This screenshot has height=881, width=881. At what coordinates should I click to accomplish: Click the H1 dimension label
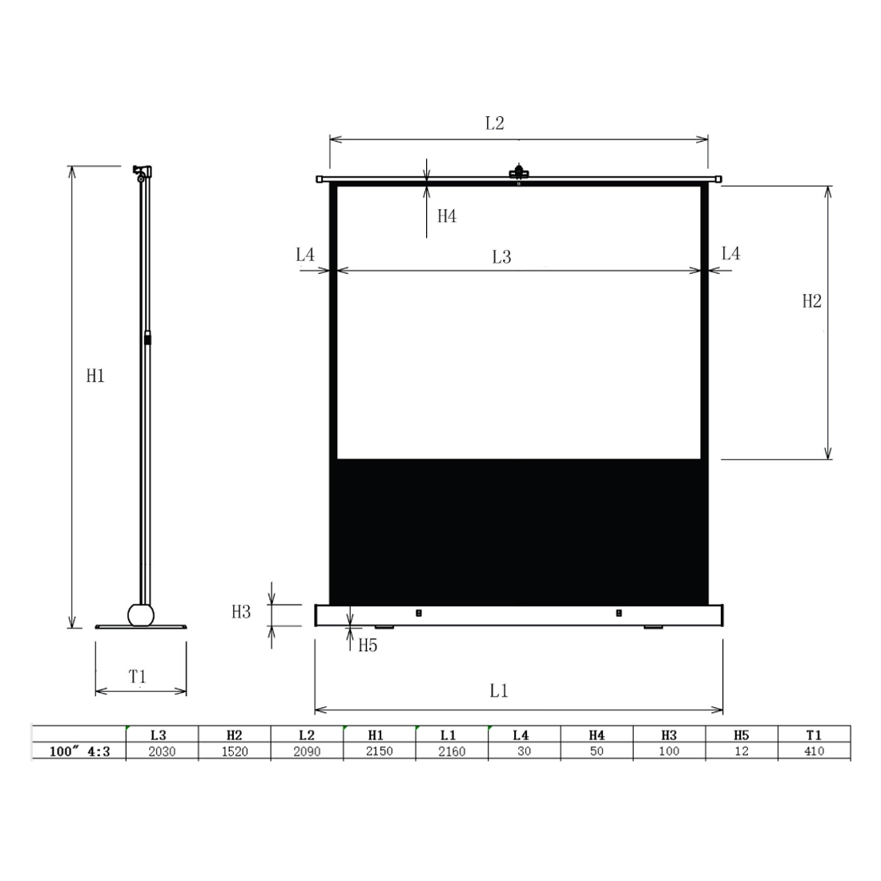95,375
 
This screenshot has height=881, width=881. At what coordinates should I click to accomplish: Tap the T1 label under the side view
138,678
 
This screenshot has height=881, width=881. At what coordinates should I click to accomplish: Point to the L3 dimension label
501,257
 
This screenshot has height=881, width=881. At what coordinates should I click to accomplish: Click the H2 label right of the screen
812,301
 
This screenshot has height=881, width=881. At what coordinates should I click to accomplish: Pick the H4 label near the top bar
446,216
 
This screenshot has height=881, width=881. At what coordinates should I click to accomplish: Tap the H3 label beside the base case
241,612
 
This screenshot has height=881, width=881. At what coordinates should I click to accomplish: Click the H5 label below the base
367,645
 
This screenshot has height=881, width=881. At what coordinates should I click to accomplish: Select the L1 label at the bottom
499,690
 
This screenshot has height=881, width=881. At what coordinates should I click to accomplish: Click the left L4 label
305,255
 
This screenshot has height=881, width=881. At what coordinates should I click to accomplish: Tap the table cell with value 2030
161,751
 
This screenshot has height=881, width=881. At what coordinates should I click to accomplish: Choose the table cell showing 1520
234,751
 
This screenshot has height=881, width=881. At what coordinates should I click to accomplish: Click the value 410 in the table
814,751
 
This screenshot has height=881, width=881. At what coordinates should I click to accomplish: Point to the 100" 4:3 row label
78,751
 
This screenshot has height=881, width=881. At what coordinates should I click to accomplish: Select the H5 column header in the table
741,734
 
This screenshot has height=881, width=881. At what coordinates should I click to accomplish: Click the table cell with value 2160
452,751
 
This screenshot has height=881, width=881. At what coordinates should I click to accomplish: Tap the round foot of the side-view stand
142,615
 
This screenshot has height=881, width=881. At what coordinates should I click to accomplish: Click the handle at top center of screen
519,172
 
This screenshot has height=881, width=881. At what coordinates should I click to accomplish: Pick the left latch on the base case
418,613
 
